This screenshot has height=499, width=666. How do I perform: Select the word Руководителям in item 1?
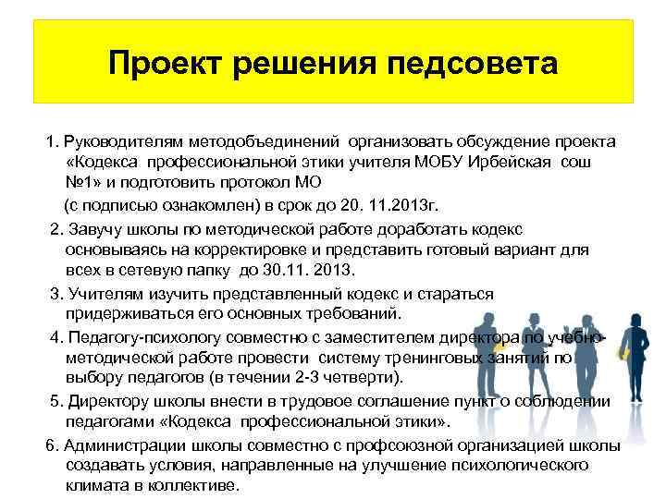[125, 142]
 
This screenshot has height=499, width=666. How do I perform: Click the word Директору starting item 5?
[104, 400]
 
